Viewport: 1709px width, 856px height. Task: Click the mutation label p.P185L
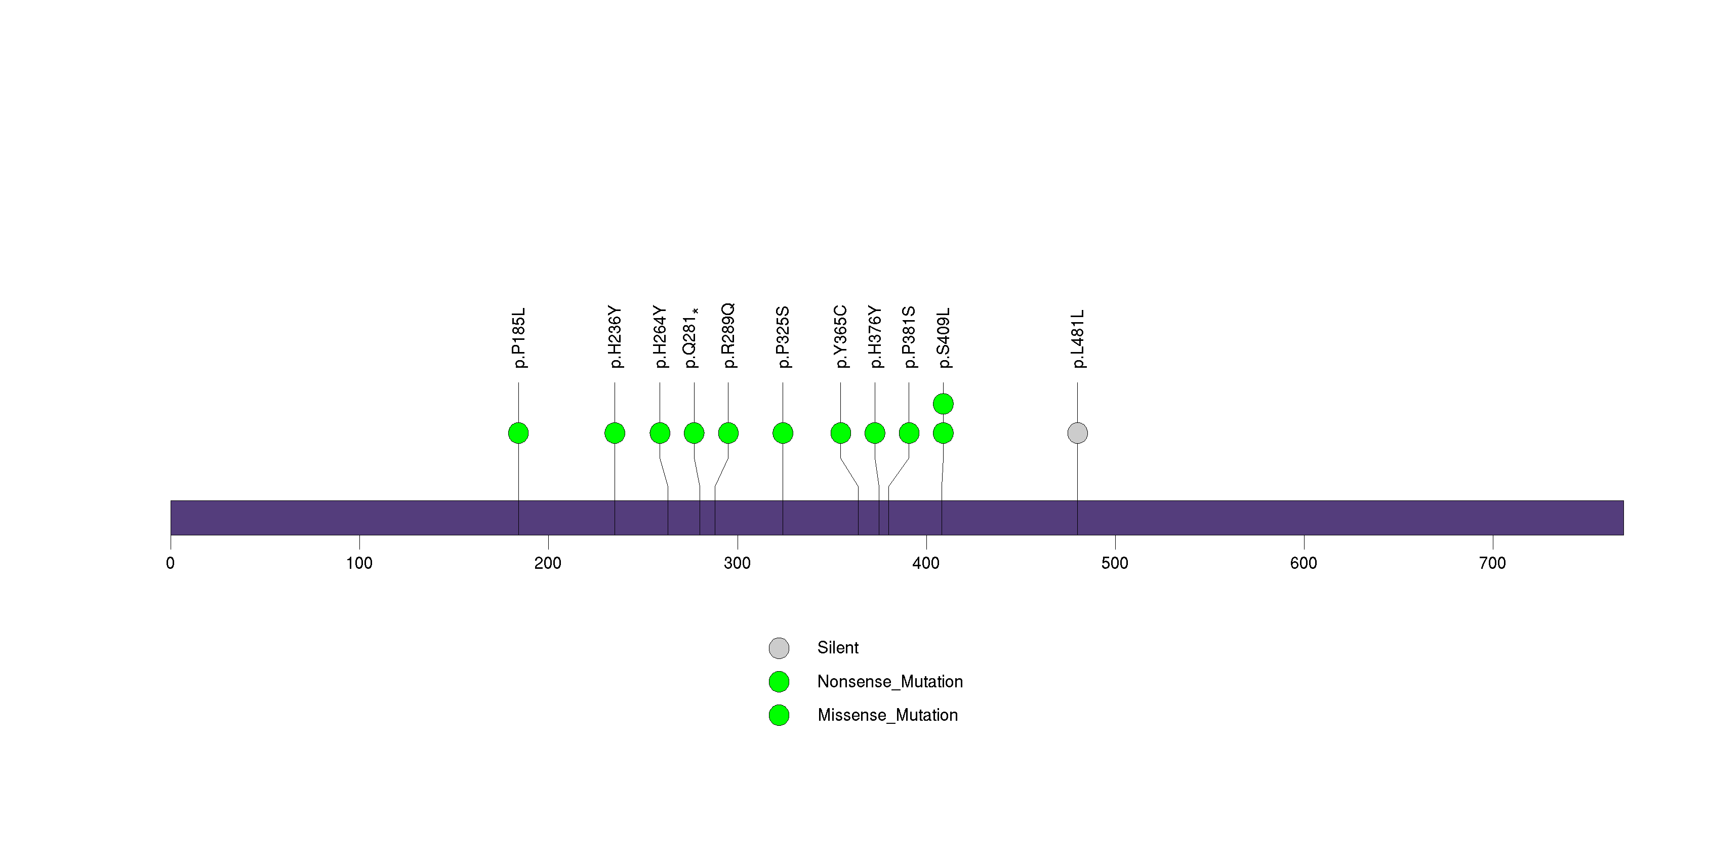coord(519,337)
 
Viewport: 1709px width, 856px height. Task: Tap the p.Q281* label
coord(691,337)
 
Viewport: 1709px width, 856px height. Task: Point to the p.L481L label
coord(1078,338)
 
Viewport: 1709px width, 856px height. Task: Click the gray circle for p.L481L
coord(1077,433)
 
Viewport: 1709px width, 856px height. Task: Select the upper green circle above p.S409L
coord(944,404)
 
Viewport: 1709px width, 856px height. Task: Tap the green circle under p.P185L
coord(519,433)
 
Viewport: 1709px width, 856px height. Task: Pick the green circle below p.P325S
coord(783,433)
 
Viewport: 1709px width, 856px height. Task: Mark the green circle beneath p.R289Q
coord(728,433)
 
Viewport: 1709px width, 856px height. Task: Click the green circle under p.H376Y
coord(875,433)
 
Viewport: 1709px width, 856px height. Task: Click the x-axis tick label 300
coord(737,563)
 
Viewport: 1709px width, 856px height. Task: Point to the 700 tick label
coord(1493,563)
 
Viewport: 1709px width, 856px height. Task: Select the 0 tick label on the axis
coord(171,563)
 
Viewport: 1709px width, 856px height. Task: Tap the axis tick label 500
coord(1115,563)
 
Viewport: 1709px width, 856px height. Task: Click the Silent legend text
coord(838,648)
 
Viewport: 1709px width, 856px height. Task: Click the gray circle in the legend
coord(779,648)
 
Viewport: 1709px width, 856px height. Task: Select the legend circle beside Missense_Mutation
coord(779,715)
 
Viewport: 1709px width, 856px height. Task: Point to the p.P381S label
coord(909,337)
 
